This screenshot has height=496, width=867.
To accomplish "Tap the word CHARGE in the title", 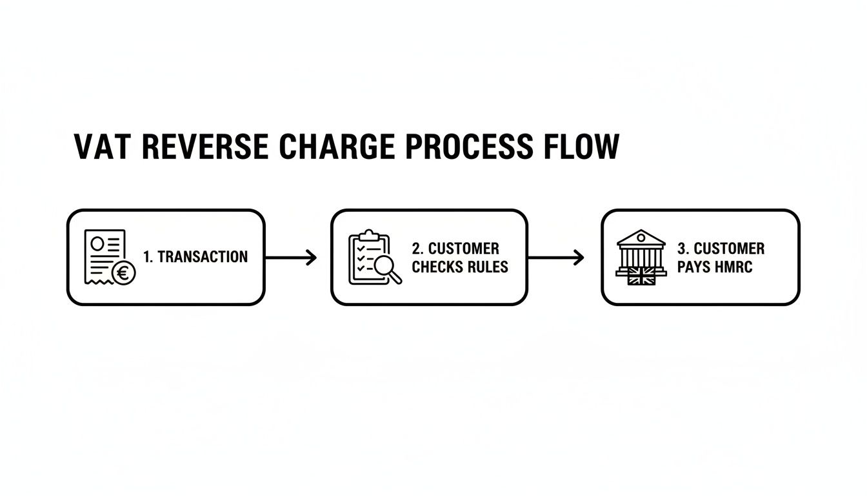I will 337,147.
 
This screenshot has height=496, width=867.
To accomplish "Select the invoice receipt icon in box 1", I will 103,255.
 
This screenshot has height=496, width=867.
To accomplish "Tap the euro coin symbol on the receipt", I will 124,274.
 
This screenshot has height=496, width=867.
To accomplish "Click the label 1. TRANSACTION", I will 195,257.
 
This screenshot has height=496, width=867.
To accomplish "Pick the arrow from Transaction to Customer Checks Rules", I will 291,258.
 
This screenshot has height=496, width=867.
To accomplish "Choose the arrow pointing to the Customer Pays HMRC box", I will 555,258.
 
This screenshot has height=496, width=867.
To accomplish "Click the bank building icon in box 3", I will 641,255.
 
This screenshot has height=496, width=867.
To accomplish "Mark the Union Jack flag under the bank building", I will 641,278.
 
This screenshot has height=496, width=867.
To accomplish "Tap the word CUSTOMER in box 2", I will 464,249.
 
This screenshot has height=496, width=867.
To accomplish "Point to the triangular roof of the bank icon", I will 641,236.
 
